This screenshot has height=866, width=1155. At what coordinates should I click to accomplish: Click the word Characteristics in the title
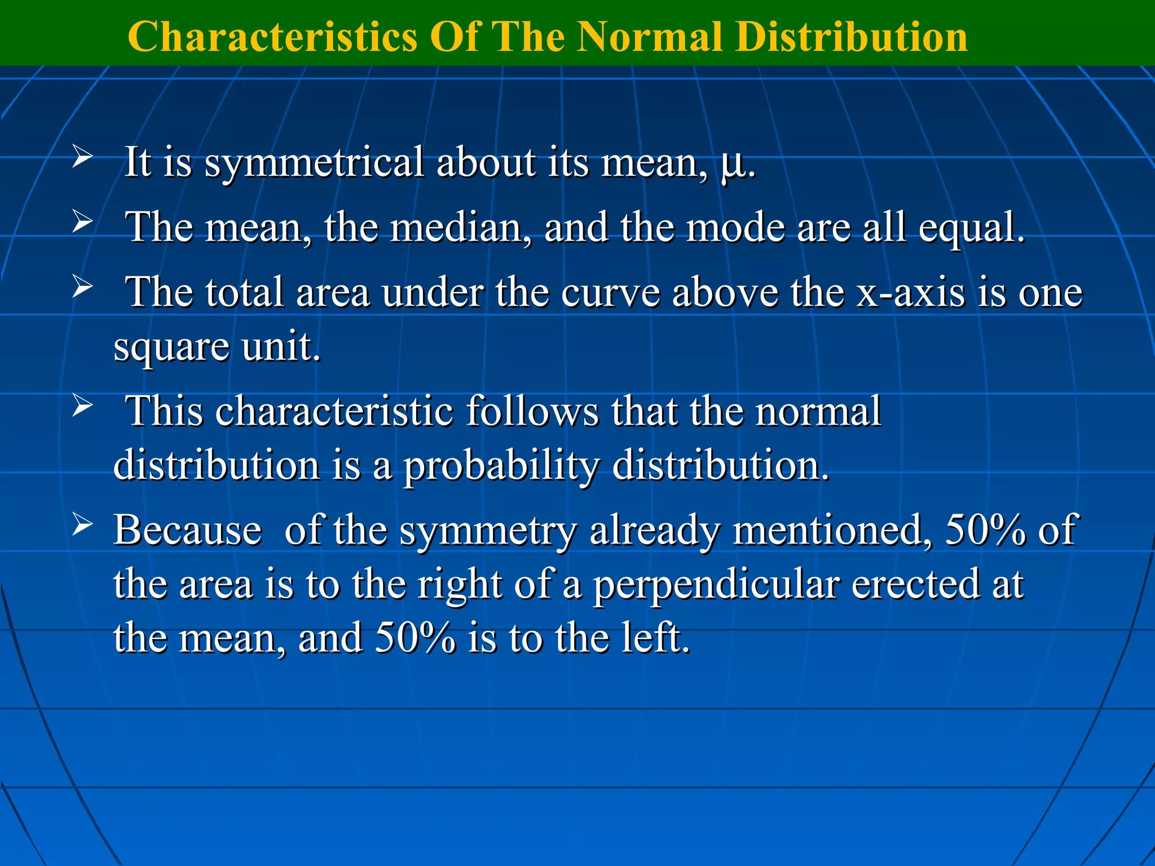[x=272, y=37]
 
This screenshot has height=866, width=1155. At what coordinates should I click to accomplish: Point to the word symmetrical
[x=314, y=164]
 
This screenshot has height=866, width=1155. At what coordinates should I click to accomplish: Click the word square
[x=171, y=348]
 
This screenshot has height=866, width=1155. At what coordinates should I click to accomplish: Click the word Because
[x=188, y=531]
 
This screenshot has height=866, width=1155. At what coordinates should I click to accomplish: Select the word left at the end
[x=654, y=639]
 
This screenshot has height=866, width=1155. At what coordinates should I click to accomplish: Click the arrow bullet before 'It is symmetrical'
[x=82, y=158]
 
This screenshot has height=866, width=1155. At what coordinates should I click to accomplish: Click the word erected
[x=915, y=585]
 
